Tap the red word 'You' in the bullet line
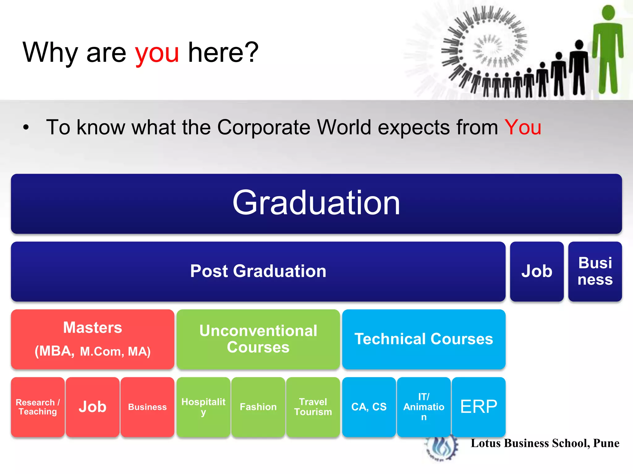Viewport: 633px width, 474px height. click(523, 127)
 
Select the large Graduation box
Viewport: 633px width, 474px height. click(316, 203)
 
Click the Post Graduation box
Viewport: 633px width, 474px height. click(258, 271)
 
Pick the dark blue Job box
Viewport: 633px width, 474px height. click(537, 271)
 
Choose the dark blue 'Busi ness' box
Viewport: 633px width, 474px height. click(595, 271)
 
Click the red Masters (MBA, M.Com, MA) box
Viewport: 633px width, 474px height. click(92, 339)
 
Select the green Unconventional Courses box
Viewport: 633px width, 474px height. click(258, 339)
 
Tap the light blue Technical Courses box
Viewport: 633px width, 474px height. click(423, 339)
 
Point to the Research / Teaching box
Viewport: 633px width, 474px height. click(38, 407)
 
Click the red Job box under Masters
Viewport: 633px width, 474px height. click(92, 407)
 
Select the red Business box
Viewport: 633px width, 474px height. click(147, 407)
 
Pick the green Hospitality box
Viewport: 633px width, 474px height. click(203, 407)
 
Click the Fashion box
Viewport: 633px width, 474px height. click(258, 407)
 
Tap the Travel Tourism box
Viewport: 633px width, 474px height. click(313, 407)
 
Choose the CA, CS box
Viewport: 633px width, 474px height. click(369, 407)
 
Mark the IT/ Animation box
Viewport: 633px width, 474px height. click(423, 407)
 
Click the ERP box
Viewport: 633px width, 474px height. click(478, 407)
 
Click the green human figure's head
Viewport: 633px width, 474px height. click(609, 13)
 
